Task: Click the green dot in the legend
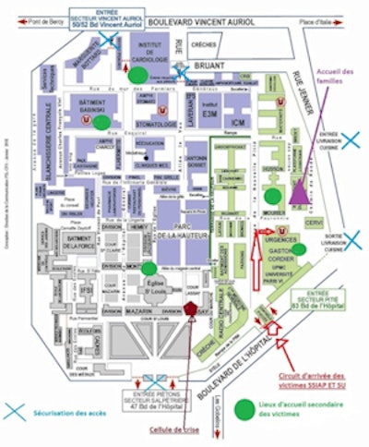click(x=244, y=409)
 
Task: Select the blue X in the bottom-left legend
click(x=15, y=411)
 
